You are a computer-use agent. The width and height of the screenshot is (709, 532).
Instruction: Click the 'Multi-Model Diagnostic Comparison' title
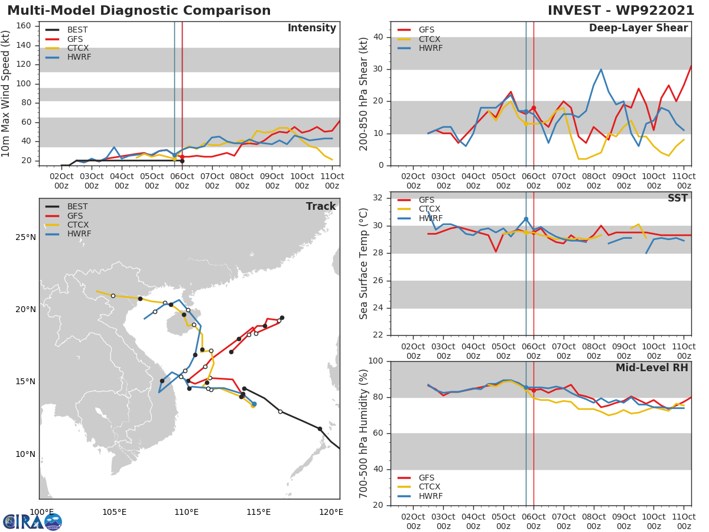tap(139, 11)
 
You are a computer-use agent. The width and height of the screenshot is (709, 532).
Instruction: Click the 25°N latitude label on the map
tap(26, 238)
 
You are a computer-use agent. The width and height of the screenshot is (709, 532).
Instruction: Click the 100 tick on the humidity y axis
tap(376, 361)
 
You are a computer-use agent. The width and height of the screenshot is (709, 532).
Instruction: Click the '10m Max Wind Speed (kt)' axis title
tap(6, 95)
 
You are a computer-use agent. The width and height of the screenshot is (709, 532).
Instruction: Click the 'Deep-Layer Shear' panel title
tap(638, 28)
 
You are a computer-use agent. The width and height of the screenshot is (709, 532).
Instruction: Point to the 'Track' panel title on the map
tap(320, 206)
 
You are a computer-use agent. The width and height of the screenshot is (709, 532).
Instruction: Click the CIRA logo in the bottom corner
tap(32, 521)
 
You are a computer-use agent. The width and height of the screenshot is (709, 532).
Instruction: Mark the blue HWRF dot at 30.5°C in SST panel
tap(526, 219)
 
